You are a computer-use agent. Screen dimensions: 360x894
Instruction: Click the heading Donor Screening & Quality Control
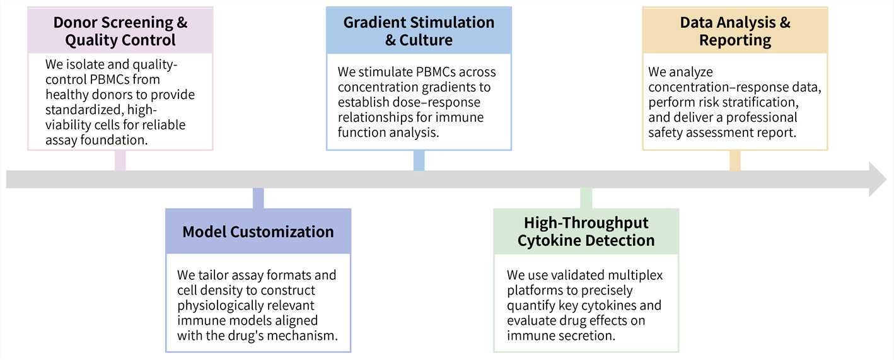click(x=120, y=32)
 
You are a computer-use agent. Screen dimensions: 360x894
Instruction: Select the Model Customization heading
click(x=258, y=231)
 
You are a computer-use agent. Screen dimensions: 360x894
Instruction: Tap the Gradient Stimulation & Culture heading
click(x=419, y=31)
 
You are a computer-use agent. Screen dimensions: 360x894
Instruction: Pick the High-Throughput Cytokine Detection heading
click(x=586, y=231)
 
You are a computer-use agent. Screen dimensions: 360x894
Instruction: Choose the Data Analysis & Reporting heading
click(x=734, y=32)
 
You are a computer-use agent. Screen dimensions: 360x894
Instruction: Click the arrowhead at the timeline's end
click(x=877, y=179)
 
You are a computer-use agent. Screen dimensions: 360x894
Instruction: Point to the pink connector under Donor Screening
click(x=120, y=160)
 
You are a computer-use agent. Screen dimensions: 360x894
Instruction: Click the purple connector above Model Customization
click(x=258, y=198)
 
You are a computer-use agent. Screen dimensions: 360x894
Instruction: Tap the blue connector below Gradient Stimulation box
click(x=419, y=160)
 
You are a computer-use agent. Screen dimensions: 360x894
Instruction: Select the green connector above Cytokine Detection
click(x=586, y=198)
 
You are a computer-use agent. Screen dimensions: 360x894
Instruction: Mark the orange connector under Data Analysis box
click(x=734, y=160)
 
